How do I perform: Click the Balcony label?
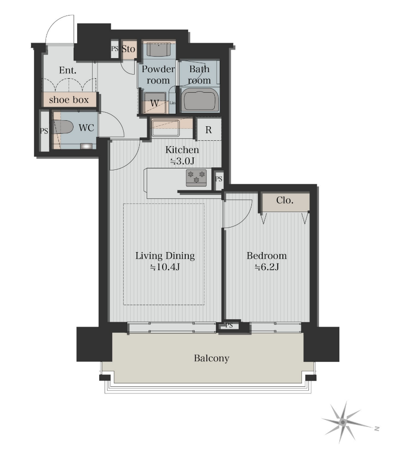(x=212, y=358)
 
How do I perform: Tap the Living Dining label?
(x=165, y=256)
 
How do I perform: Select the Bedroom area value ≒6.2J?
(x=267, y=267)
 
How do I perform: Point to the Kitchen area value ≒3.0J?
(x=182, y=161)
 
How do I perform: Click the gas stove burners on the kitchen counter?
(x=197, y=177)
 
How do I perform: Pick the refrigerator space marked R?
(x=208, y=130)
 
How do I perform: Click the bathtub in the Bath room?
(x=199, y=99)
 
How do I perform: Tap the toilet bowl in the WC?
(x=63, y=127)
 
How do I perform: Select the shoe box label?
(x=69, y=100)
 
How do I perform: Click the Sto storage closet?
(x=128, y=49)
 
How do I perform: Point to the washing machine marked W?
(x=155, y=103)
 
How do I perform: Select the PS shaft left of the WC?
(x=44, y=131)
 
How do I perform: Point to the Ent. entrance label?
(x=68, y=70)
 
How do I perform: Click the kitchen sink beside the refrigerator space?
(x=165, y=127)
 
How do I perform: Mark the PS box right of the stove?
(x=219, y=179)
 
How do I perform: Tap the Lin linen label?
(x=173, y=103)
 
